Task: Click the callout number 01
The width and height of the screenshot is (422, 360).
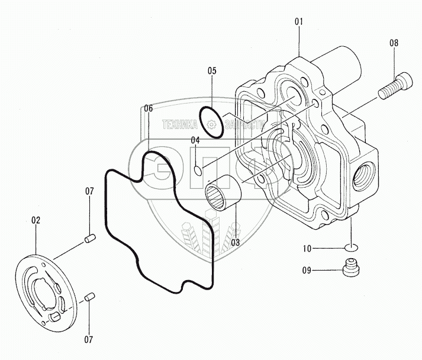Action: (299, 21)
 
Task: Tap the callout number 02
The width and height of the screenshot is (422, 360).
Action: (36, 220)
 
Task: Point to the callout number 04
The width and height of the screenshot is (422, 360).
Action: (195, 140)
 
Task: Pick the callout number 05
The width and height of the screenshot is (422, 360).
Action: (212, 71)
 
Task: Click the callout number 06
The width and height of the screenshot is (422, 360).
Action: (148, 109)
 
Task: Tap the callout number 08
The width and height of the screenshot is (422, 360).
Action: (394, 43)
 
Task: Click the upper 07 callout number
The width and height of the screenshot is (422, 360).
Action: (89, 191)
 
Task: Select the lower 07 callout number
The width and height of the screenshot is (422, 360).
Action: (89, 339)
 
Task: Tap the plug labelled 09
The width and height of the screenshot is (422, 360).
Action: (352, 269)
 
